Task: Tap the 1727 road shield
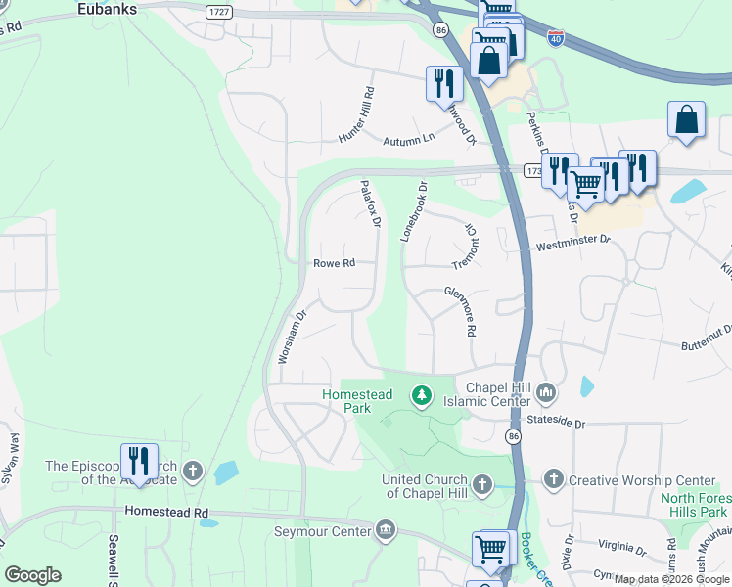tap(219, 10)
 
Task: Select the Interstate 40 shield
tap(556, 39)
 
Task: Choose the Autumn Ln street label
tap(407, 139)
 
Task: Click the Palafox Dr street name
tap(369, 203)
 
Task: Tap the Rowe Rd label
tap(333, 263)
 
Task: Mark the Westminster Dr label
tap(572, 239)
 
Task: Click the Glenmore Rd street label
tap(460, 310)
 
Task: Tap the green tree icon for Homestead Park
tap(421, 394)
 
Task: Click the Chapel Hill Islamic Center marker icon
tap(546, 394)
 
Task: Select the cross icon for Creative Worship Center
tap(554, 479)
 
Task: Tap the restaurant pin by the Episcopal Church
tap(139, 462)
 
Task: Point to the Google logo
tap(32, 575)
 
